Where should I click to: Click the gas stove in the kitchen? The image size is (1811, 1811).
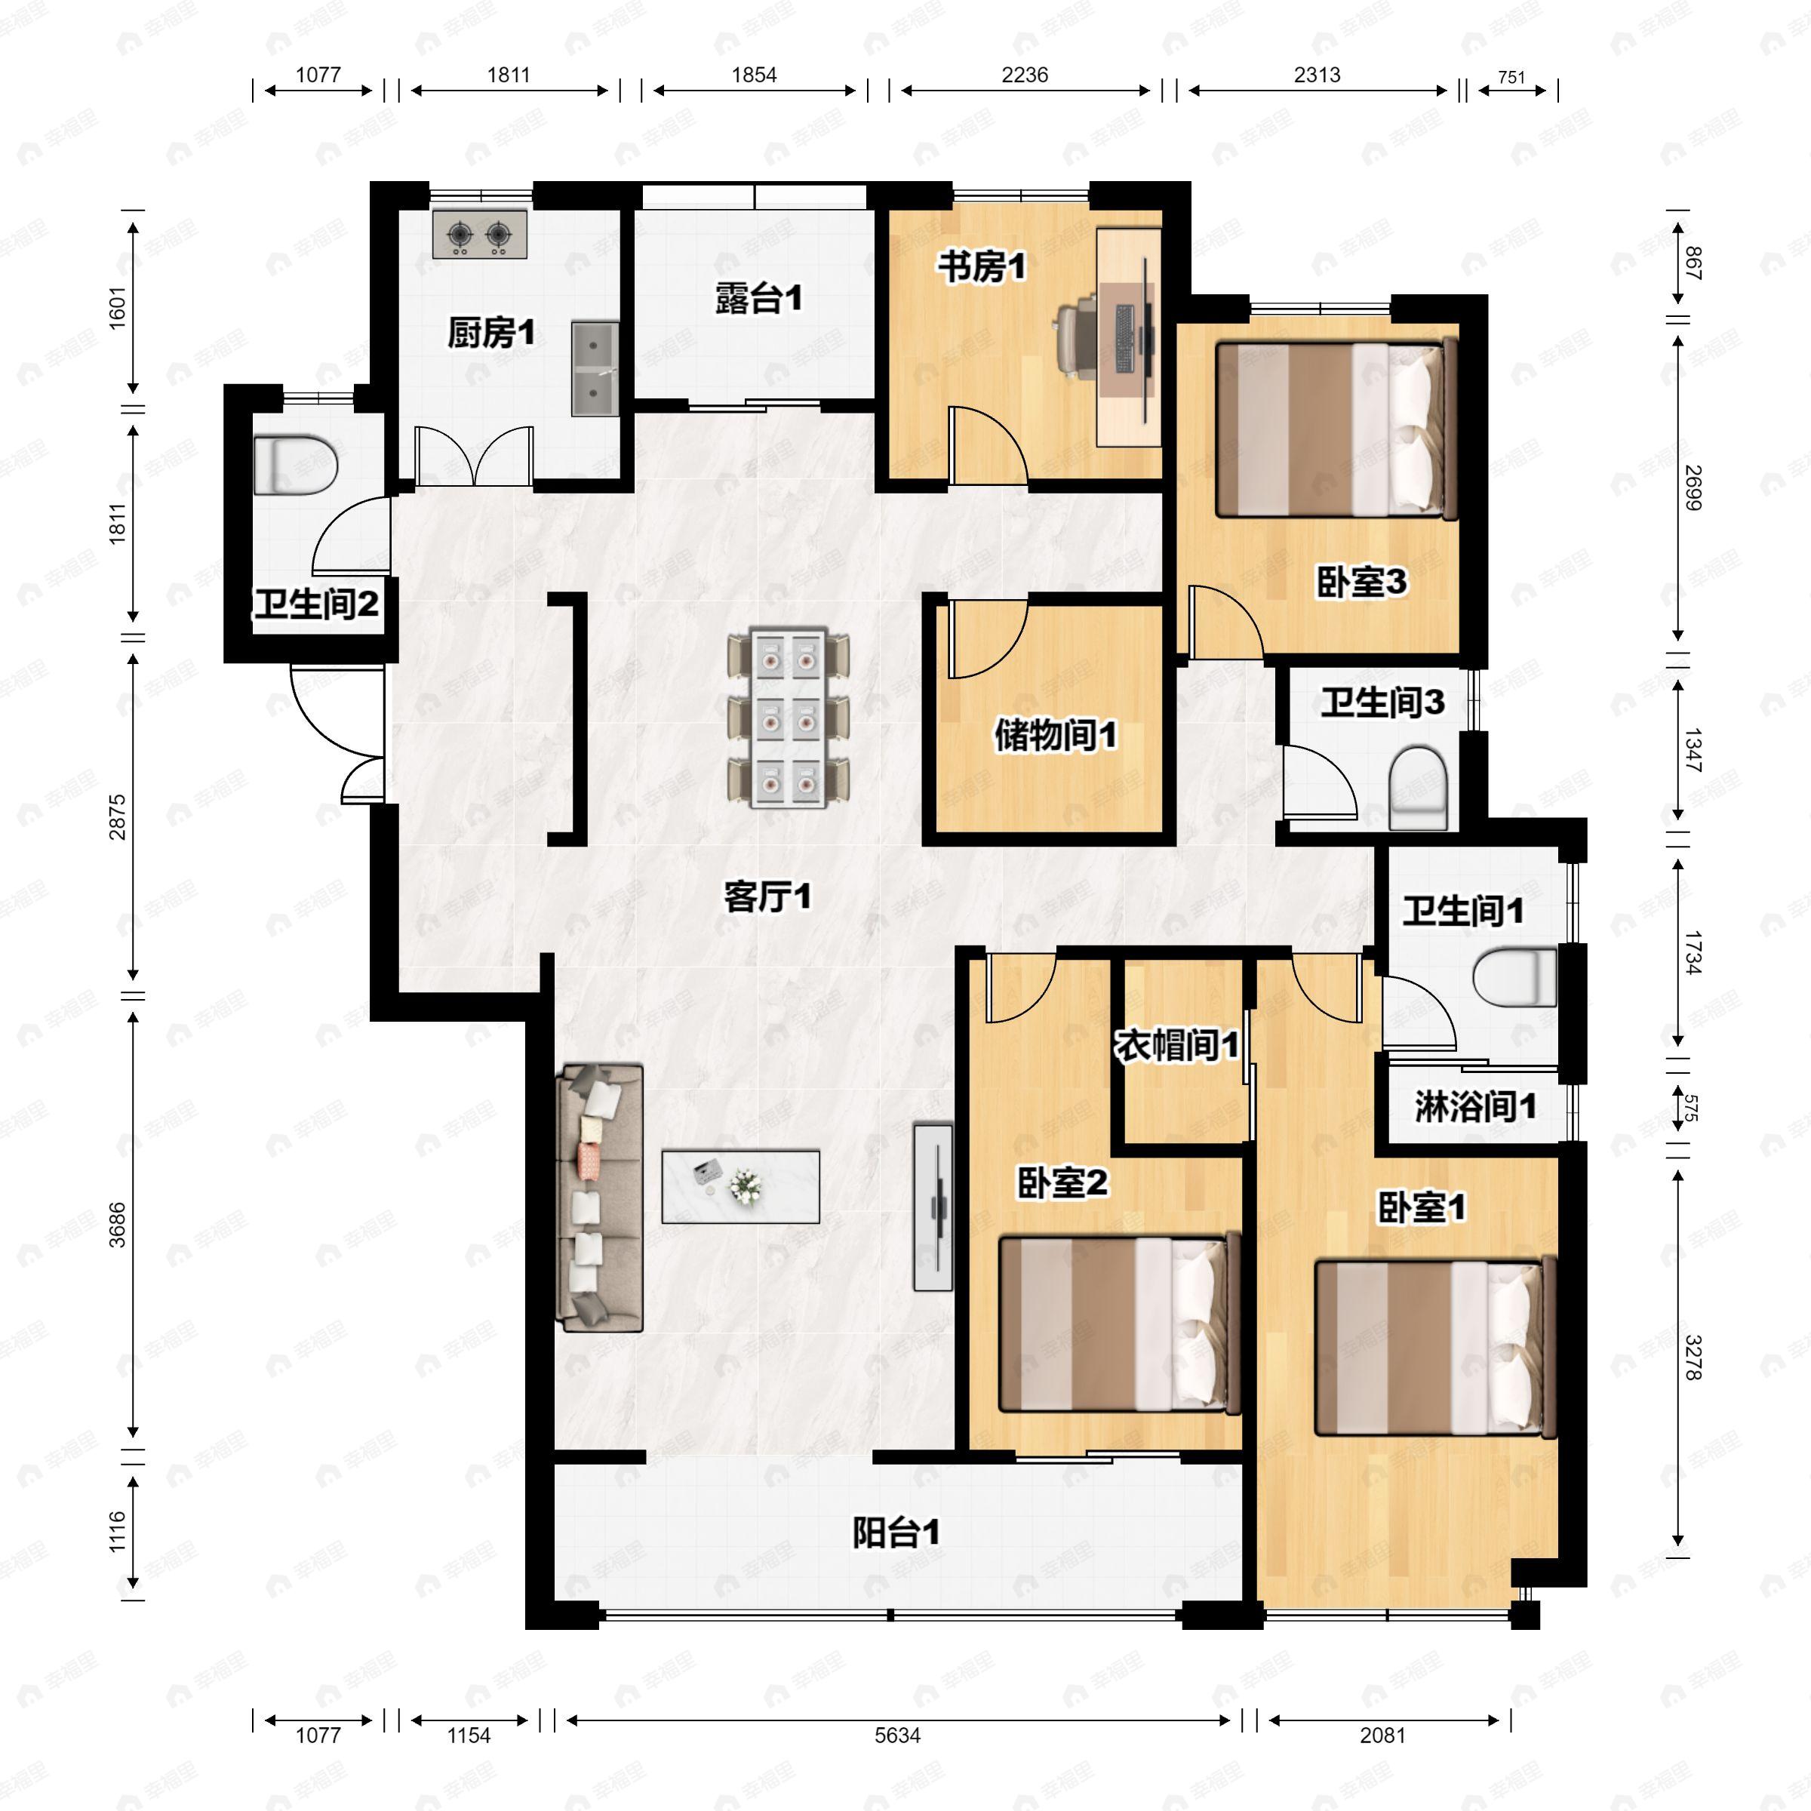[480, 235]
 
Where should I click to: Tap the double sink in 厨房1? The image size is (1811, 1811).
[595, 369]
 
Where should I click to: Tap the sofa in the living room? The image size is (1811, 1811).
[600, 1198]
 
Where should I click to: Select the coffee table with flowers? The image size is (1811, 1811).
[740, 1187]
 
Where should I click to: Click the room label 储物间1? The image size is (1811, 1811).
[1056, 736]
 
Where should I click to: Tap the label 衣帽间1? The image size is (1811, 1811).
[1177, 1045]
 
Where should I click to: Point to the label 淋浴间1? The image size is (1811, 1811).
[1475, 1107]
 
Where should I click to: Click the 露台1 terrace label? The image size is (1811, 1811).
[759, 299]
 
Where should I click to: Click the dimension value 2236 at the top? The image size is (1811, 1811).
[1025, 75]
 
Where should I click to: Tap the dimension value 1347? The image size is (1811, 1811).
[1693, 750]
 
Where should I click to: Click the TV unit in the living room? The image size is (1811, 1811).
[933, 1207]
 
